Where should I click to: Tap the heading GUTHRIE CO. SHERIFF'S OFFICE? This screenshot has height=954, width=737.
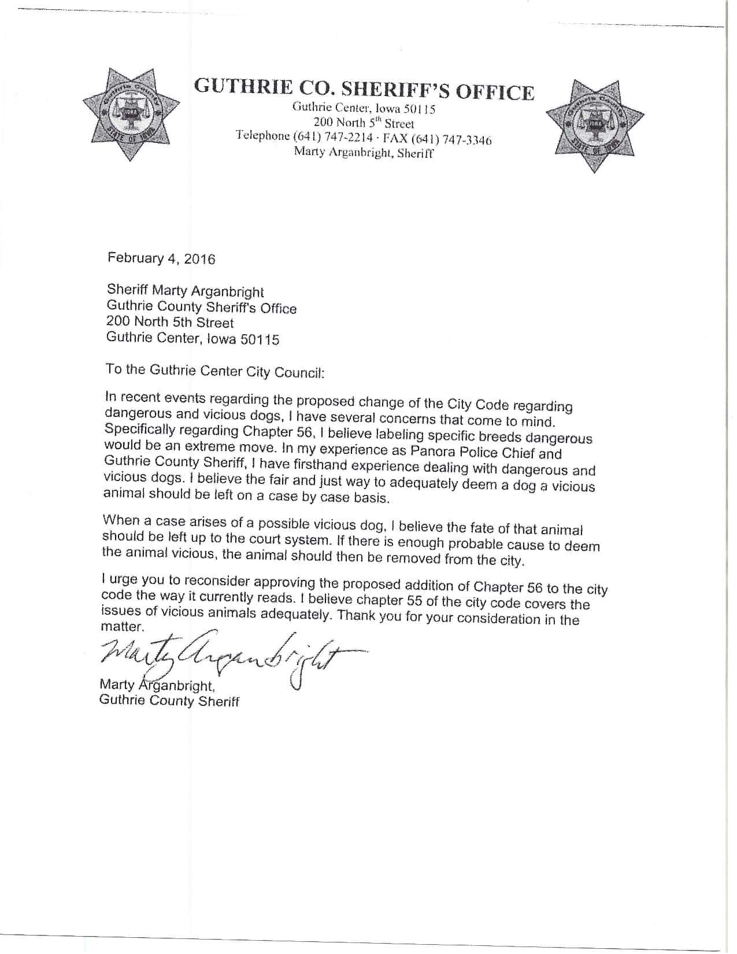coord(364,90)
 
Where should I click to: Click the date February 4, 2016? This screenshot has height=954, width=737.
coord(161,258)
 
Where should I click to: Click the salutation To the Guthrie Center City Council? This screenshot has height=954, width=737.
coord(215,370)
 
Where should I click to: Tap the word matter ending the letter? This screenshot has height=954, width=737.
coord(120,627)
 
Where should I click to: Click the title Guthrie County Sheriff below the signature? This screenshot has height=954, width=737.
coord(169,701)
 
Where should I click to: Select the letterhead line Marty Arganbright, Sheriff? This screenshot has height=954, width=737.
coord(364,153)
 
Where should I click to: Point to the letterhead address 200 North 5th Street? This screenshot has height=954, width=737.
coord(364,123)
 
